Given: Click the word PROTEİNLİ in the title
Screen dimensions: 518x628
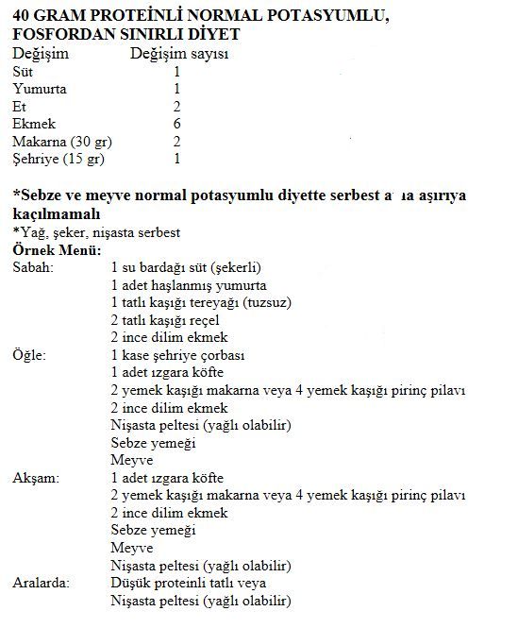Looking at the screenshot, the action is tap(138, 16).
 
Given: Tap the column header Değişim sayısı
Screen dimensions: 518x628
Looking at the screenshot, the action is tap(177, 54).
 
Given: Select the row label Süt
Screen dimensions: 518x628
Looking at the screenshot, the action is tap(23, 72).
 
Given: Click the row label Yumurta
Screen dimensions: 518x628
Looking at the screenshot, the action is tap(39, 89).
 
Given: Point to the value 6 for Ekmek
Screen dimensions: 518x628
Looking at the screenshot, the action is tap(177, 124).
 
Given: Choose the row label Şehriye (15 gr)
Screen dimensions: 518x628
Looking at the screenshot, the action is tap(58, 159).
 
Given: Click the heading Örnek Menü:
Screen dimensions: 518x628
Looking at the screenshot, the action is tap(58, 251).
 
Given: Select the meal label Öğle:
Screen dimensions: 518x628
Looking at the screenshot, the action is tap(30, 355).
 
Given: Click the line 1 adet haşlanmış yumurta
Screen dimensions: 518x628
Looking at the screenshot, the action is tap(188, 285).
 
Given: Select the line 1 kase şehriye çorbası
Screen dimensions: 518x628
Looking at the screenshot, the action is tap(177, 355).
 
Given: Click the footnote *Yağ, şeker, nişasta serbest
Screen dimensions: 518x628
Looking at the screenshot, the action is tap(97, 232).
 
